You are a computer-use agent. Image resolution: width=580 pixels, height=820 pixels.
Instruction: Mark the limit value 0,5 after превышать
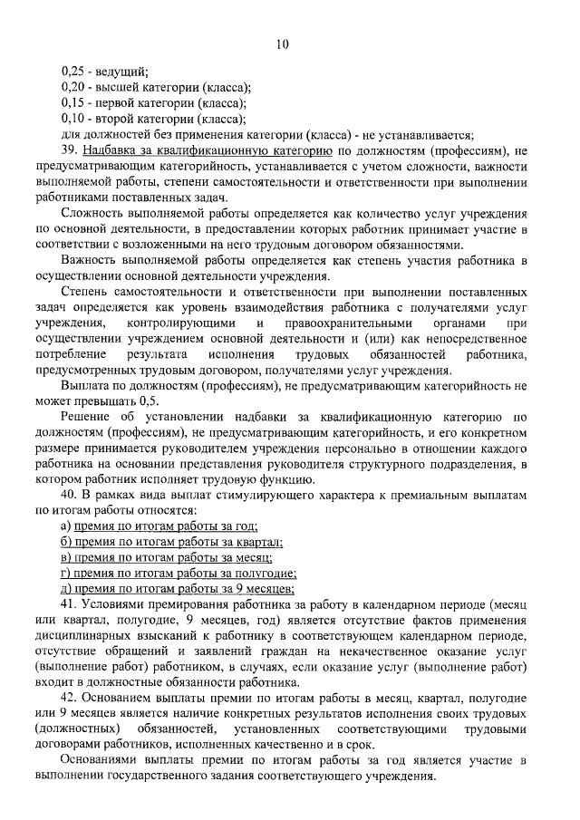coord(149,400)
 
